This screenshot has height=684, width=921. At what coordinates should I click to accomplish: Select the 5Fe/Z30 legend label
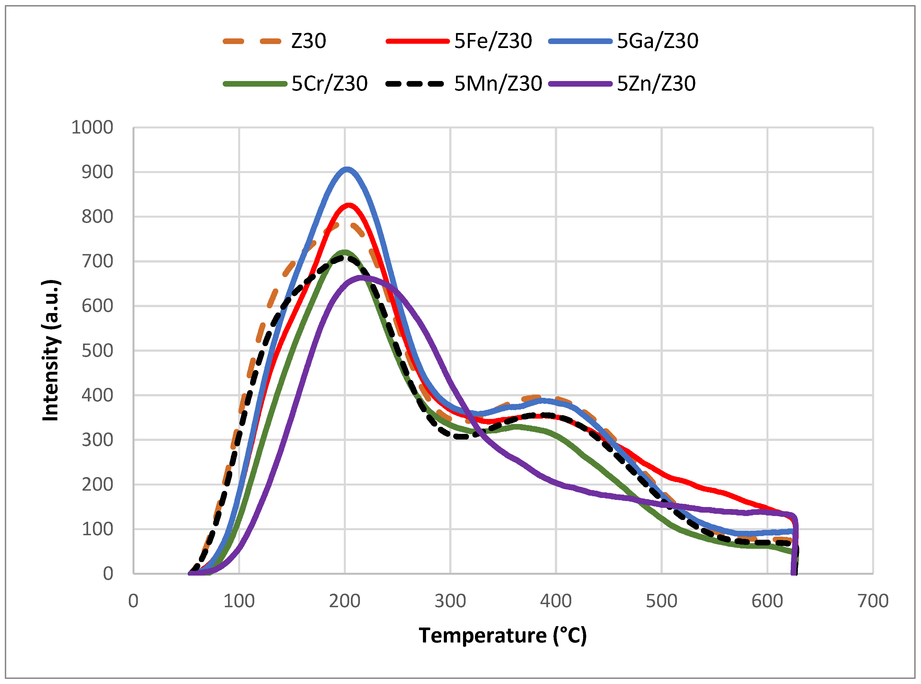click(x=493, y=41)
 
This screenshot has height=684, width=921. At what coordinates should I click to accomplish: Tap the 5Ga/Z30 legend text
click(x=657, y=41)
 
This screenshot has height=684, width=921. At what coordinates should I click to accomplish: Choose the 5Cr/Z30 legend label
click(x=329, y=84)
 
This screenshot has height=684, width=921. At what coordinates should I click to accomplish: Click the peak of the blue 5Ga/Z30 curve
click(x=347, y=169)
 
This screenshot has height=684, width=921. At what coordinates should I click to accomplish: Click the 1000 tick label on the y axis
click(x=92, y=128)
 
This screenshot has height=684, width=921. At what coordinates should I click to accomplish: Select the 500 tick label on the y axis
click(x=97, y=351)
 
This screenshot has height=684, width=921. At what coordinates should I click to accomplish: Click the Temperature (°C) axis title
click(x=503, y=635)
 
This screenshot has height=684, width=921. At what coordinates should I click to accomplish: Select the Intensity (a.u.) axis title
click(x=51, y=350)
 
